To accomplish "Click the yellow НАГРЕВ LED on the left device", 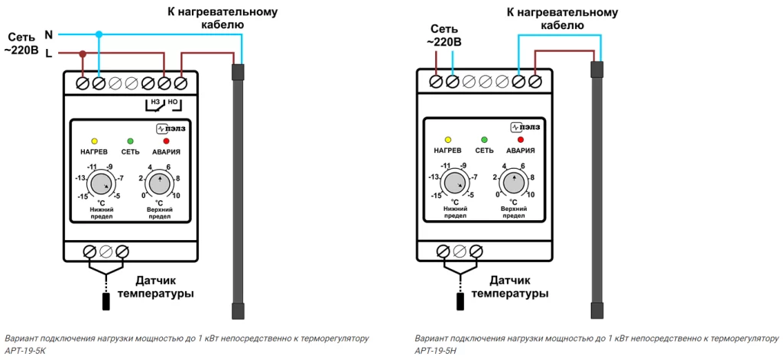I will pyautogui.click(x=94, y=141).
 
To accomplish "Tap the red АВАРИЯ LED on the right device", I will pyautogui.click(x=521, y=140).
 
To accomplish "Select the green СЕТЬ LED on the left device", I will pyautogui.click(x=130, y=141).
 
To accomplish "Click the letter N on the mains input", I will pyautogui.click(x=49, y=34).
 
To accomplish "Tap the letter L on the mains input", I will pyautogui.click(x=49, y=53).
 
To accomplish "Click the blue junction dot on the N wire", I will pyautogui.click(x=99, y=34).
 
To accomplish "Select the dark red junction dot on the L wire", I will pyautogui.click(x=83, y=54).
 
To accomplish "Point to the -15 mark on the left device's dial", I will pyautogui.click(x=82, y=196).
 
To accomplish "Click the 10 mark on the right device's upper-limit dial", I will pyautogui.click(x=530, y=195).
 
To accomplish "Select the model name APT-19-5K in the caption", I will pyautogui.click(x=25, y=351).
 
